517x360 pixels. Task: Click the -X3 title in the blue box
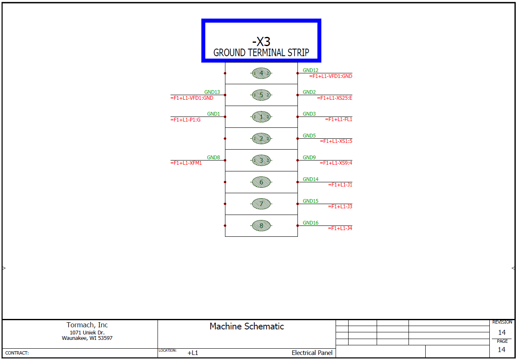(261, 41)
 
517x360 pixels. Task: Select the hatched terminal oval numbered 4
(261, 73)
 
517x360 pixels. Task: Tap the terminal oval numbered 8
(261, 226)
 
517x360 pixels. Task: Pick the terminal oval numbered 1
(261, 117)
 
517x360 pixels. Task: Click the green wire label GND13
(212, 92)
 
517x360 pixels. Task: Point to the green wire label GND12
(310, 70)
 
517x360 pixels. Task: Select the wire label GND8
(213, 158)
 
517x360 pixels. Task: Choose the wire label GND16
(310, 223)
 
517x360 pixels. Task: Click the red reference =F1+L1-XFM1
(186, 163)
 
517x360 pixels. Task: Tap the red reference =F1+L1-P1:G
(186, 119)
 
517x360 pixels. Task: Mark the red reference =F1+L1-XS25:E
(334, 98)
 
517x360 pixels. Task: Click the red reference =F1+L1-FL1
(339, 119)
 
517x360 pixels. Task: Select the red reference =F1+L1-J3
(340, 207)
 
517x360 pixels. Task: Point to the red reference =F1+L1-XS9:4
(336, 163)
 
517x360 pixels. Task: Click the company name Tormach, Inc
(87, 325)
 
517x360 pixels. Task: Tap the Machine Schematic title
(247, 326)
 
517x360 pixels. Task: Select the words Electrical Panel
(312, 353)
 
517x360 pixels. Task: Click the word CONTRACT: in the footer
(17, 353)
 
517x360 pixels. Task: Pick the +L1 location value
(193, 353)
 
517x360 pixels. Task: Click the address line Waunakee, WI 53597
(87, 338)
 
